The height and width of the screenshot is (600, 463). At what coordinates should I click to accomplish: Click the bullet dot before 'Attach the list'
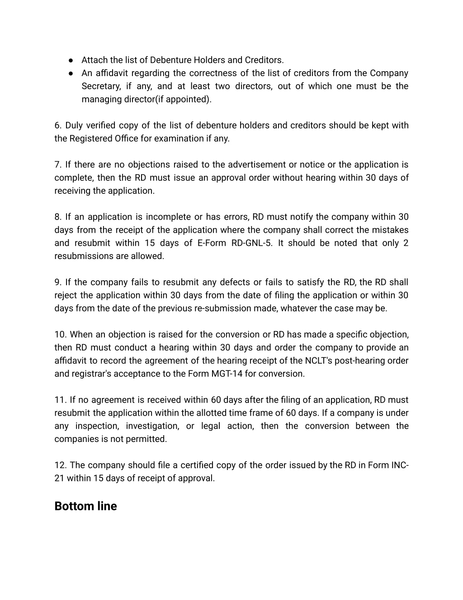pos(71,60)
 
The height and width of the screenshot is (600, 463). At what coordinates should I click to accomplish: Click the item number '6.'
pos(58,125)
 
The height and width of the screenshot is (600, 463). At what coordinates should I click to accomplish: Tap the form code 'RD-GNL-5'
pos(251,243)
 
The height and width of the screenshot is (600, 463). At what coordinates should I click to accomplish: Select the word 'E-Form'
pos(211,243)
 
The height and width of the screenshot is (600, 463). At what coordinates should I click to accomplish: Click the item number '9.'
pos(58,283)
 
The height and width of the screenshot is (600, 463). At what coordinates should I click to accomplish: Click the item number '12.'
pos(61,466)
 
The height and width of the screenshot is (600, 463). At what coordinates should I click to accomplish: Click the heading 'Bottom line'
pos(85,506)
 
